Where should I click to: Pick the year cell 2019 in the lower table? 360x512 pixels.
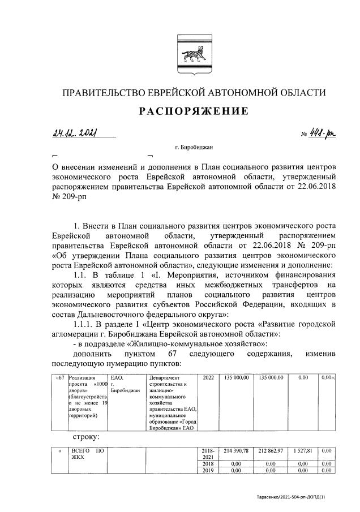[208, 470]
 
